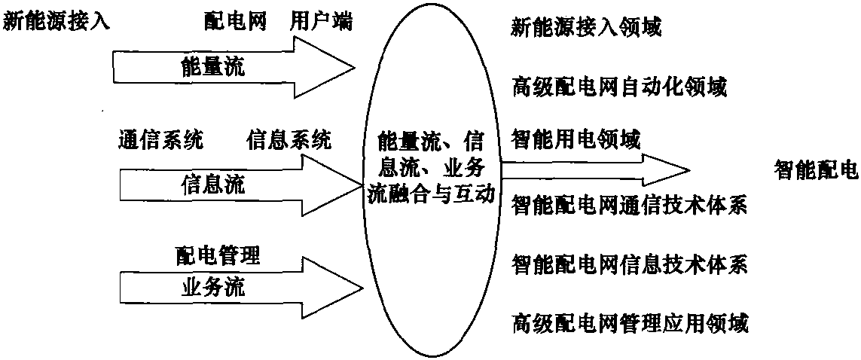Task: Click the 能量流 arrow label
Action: pyautogui.click(x=213, y=68)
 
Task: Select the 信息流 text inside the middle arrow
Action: pyautogui.click(x=213, y=185)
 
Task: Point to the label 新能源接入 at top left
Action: pyautogui.click(x=57, y=23)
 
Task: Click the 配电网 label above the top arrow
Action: pyautogui.click(x=236, y=23)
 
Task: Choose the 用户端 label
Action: pyautogui.click(x=322, y=23)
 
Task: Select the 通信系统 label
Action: pyautogui.click(x=161, y=141)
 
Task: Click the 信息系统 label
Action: pyautogui.click(x=289, y=141)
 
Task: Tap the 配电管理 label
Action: pyautogui.click(x=218, y=256)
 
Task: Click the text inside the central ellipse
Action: pyautogui.click(x=430, y=169)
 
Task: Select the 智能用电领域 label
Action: pyautogui.click(x=576, y=141)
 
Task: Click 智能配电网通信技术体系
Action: pyautogui.click(x=629, y=207)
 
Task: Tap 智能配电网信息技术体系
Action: pyautogui.click(x=629, y=265)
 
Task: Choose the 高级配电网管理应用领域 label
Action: pyautogui.click(x=629, y=322)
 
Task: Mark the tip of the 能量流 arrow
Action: pyautogui.click(x=356, y=68)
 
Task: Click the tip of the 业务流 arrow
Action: pyautogui.click(x=362, y=287)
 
